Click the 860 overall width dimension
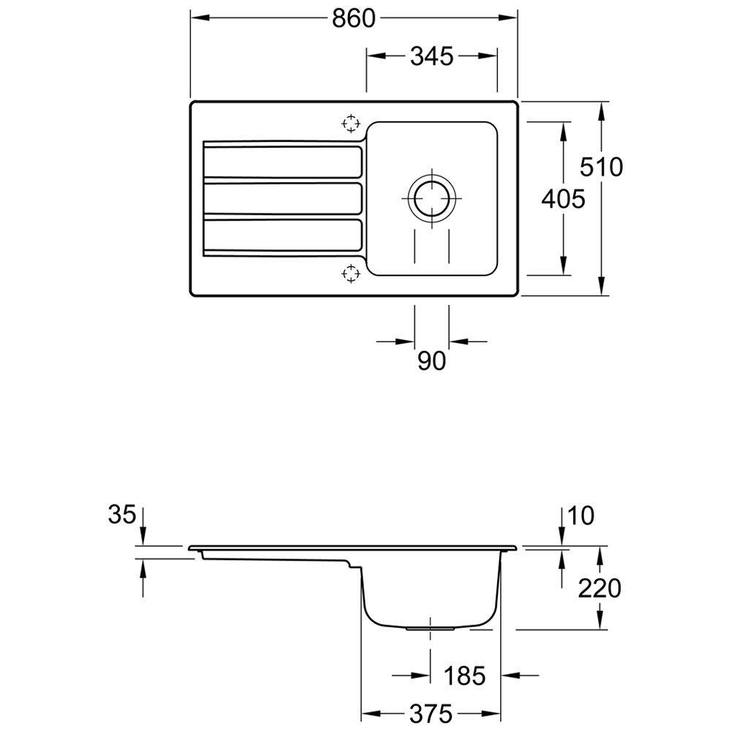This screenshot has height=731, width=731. [x=353, y=19]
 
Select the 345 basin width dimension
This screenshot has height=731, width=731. [x=432, y=56]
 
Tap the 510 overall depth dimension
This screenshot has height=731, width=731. [x=601, y=167]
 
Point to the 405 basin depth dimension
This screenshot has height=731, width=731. [x=563, y=199]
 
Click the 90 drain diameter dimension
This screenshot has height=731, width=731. [x=432, y=361]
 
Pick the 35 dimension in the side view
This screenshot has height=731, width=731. [x=121, y=515]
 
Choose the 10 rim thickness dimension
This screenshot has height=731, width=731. [x=581, y=515]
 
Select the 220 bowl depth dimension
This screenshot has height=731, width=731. [x=599, y=588]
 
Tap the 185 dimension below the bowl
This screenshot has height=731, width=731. [x=464, y=675]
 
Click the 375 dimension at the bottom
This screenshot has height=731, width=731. [x=431, y=713]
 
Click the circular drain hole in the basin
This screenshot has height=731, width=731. [x=432, y=197]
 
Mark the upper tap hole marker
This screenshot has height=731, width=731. [x=351, y=124]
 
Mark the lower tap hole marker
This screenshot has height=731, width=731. [x=351, y=273]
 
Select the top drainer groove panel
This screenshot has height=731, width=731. [x=282, y=162]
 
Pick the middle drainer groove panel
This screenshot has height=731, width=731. [x=282, y=199]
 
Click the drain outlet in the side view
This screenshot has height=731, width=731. [x=430, y=629]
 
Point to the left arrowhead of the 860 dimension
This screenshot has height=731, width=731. [x=200, y=18]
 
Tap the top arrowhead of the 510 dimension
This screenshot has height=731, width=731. [x=602, y=111]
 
